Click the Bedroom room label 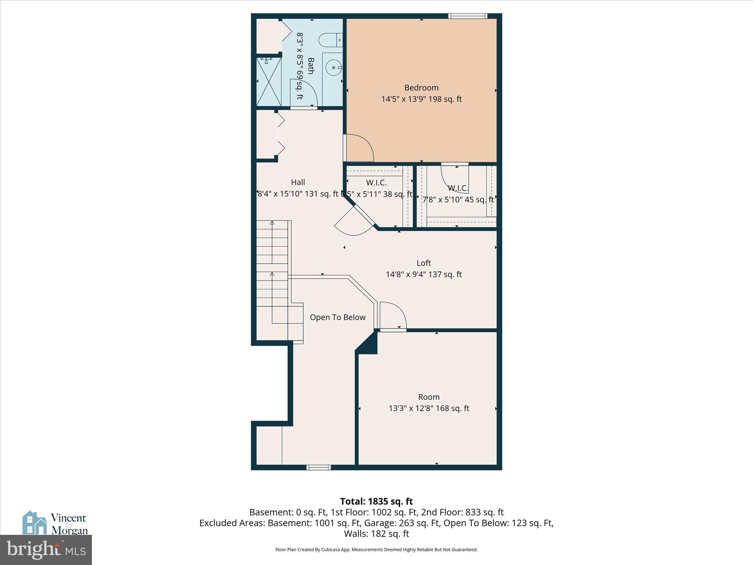(421, 88)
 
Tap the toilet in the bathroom (329, 40)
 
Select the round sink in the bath (333, 68)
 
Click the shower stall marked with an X (269, 82)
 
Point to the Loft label (424, 263)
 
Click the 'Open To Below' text (338, 317)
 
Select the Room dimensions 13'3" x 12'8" (429, 408)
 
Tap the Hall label (298, 182)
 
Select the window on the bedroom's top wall (468, 16)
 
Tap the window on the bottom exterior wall (318, 468)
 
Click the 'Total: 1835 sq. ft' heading (376, 501)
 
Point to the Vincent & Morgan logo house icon (34, 523)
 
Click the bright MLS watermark (46, 550)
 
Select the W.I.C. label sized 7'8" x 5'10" (458, 194)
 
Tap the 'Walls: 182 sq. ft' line (376, 534)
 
